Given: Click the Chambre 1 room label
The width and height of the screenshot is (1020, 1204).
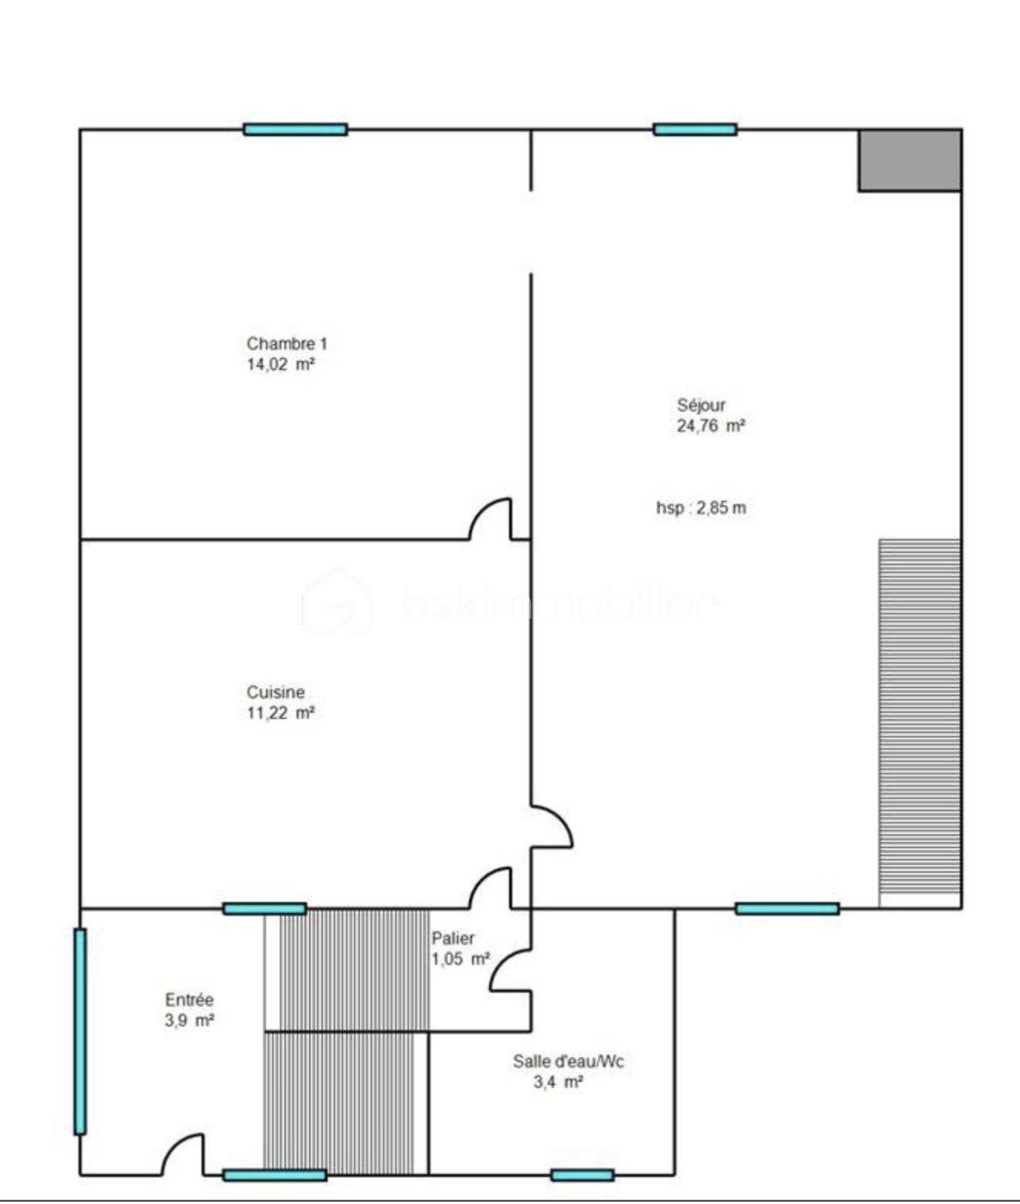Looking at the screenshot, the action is (x=286, y=344).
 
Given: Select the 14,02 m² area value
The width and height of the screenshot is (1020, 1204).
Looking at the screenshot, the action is (x=281, y=365).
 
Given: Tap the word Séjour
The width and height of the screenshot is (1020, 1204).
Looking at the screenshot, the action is (x=701, y=405).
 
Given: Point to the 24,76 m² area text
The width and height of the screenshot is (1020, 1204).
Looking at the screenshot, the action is (x=710, y=426).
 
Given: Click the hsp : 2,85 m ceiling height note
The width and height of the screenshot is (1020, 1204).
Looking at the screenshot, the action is (x=701, y=508).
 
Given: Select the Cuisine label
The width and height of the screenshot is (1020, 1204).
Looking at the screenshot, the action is (x=275, y=692).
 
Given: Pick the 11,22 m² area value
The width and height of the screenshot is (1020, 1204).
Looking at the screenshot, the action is (x=281, y=713).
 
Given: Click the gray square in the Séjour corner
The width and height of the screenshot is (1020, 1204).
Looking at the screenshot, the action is (x=909, y=160).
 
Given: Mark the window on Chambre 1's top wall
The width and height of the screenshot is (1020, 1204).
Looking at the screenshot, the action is (x=295, y=129).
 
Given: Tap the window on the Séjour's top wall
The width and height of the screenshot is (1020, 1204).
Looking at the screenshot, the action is (x=695, y=129).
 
